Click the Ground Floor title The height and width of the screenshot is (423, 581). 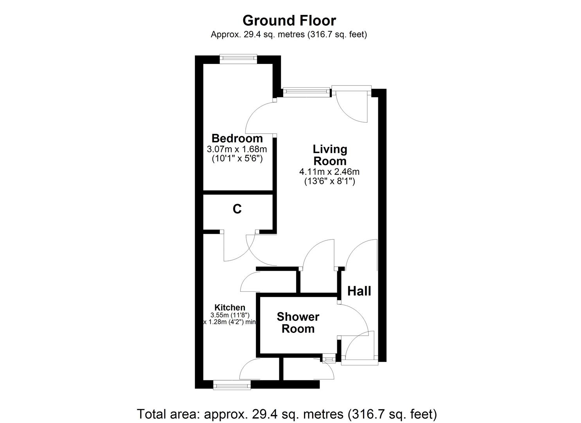(x=289, y=20)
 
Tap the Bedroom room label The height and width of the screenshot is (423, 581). (x=237, y=138)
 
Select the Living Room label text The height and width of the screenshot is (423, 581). (x=330, y=155)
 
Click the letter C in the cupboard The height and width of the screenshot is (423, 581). (x=237, y=209)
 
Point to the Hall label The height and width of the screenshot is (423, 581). (x=359, y=291)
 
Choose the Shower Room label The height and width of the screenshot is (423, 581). (x=298, y=322)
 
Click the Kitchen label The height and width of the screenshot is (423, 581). (x=230, y=308)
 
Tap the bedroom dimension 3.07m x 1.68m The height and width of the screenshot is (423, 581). (x=237, y=149)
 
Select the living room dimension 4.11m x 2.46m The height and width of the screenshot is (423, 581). (x=329, y=172)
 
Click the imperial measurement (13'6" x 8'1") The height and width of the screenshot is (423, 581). (x=329, y=181)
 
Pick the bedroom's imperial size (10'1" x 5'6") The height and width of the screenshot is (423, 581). (x=237, y=159)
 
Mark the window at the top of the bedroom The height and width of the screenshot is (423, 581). (x=238, y=59)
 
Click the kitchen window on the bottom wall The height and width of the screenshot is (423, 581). (x=232, y=386)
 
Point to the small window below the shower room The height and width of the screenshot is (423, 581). (x=329, y=358)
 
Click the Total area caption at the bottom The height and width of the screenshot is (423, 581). (x=287, y=414)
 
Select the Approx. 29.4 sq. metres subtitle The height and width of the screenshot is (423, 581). (x=289, y=34)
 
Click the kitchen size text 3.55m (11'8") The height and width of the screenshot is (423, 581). (x=230, y=315)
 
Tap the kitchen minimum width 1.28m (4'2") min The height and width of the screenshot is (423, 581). (x=230, y=322)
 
